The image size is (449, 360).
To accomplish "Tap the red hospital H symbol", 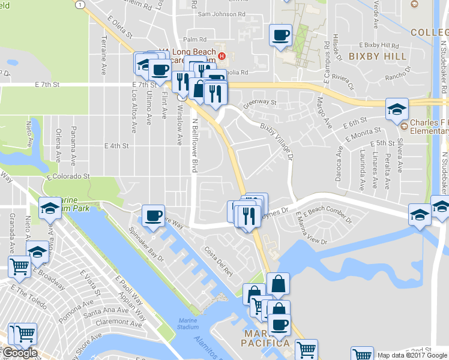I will tap(222, 56).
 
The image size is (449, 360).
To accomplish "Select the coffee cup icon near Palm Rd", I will tap(280, 35).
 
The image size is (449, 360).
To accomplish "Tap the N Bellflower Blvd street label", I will tap(194, 145).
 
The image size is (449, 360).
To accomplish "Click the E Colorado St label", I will tap(69, 176).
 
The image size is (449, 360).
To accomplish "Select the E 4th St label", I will tap(116, 146).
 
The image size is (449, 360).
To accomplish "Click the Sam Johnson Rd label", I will tap(221, 13).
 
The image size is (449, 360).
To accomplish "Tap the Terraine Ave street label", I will tap(104, 55).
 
